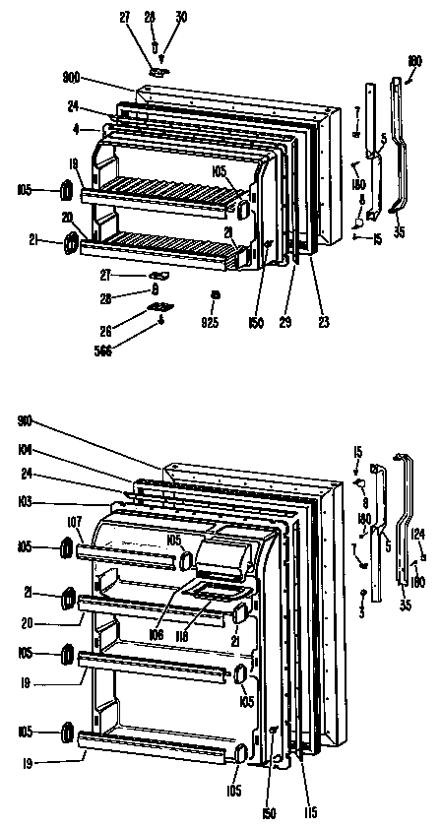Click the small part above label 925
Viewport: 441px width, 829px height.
coord(214,294)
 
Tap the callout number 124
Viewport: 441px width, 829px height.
coord(418,535)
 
